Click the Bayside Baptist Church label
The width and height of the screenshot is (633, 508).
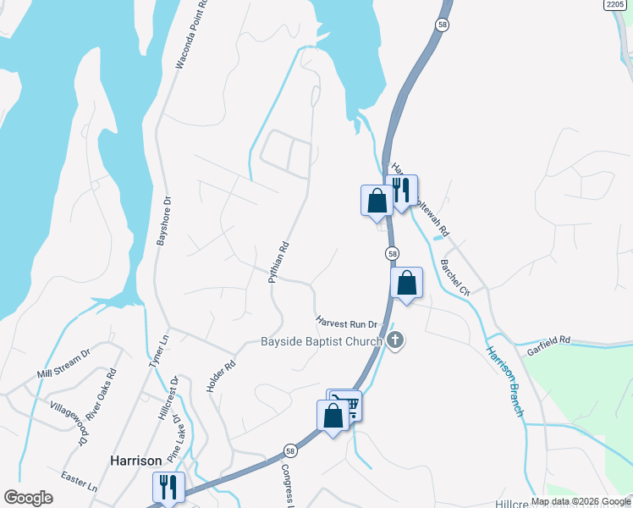[321, 342]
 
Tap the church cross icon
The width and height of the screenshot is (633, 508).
[395, 341]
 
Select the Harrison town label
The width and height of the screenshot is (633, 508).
[135, 461]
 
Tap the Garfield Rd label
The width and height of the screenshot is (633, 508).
[549, 340]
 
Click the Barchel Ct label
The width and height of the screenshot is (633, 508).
[455, 278]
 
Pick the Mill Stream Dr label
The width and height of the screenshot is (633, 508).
[63, 366]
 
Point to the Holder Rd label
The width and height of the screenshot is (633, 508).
[220, 376]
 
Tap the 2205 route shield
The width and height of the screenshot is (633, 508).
[616, 4]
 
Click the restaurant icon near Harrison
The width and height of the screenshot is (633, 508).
[167, 487]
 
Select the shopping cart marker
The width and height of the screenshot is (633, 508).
[346, 404]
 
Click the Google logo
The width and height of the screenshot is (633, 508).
[28, 498]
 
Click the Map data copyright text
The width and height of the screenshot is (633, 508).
[580, 501]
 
